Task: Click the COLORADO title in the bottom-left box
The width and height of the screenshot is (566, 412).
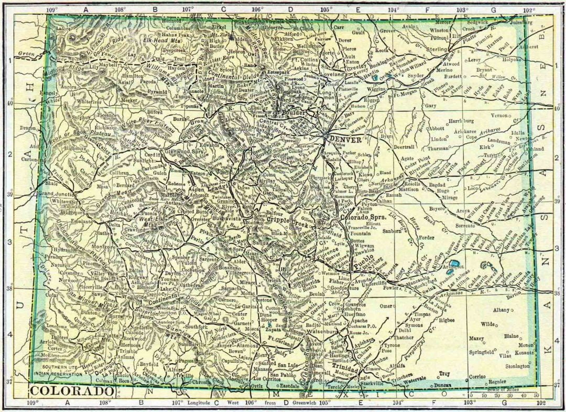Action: point(72,392)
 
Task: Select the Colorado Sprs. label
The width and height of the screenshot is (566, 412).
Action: point(363,217)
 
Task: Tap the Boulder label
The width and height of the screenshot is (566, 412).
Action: point(293,112)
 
